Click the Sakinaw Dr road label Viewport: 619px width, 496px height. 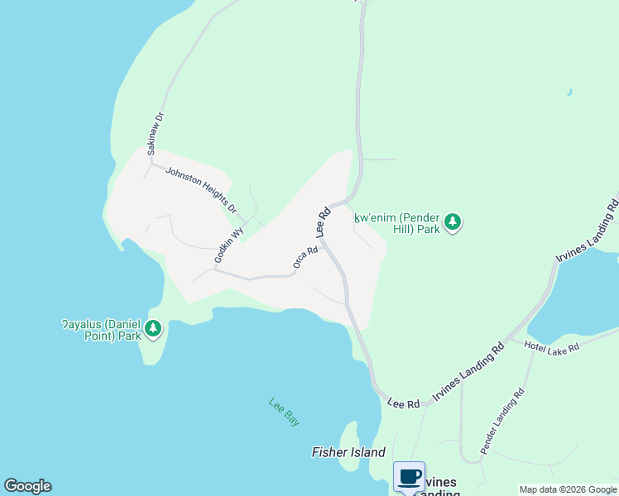point(156,133)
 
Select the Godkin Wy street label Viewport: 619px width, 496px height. point(229,246)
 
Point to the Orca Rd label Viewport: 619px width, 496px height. point(305,257)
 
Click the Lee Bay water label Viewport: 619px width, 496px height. point(284,412)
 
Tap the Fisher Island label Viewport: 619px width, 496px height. point(348,452)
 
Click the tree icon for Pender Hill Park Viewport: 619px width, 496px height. point(452,222)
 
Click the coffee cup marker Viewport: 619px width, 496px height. point(410,476)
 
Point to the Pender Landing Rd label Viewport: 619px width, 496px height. point(502,422)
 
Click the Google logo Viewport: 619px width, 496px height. point(27,486)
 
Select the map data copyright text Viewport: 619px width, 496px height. point(568,489)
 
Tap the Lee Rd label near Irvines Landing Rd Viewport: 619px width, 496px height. point(404,403)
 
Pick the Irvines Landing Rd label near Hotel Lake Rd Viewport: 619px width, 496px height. point(469,371)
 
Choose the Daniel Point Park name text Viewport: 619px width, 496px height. point(101,331)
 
